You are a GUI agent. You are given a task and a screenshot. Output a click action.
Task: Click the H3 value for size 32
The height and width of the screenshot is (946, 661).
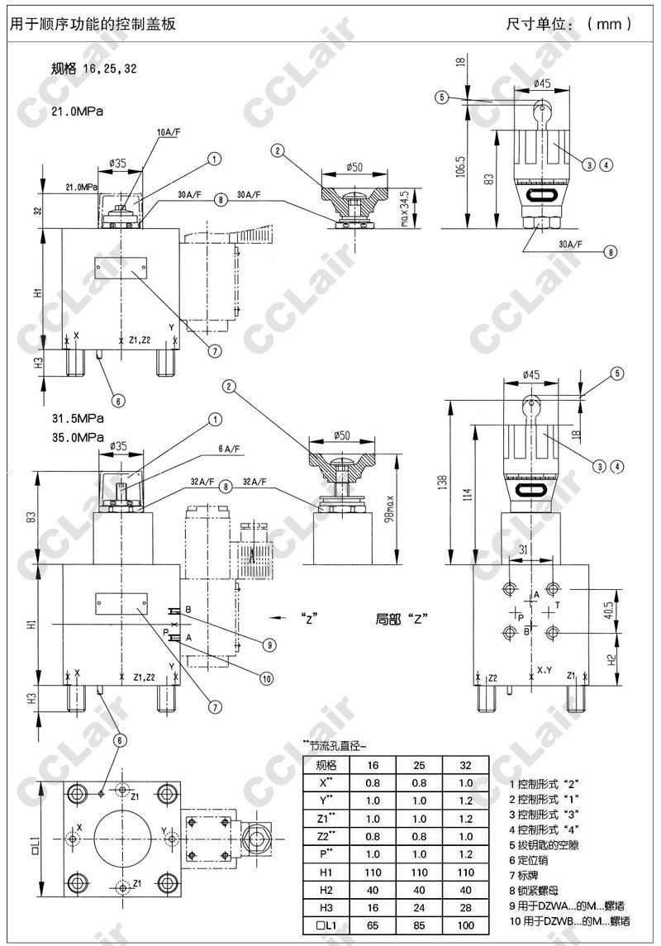(465, 907)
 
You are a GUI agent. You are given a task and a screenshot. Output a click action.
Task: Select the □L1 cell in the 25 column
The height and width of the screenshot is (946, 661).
(419, 926)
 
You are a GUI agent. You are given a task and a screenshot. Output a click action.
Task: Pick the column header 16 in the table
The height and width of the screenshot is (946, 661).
(373, 764)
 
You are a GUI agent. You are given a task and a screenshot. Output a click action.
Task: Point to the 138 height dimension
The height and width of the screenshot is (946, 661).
(443, 480)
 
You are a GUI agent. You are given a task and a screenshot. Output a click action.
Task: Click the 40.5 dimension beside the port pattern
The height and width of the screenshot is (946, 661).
(608, 610)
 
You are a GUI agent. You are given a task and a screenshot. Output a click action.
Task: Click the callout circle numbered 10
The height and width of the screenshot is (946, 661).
(266, 678)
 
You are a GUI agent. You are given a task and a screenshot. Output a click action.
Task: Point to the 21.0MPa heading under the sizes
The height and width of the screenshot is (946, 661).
(77, 111)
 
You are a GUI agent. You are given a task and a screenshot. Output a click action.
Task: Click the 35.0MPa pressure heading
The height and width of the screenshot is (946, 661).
(78, 437)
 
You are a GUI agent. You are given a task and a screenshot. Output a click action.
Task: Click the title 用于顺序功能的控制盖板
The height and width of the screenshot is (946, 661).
(92, 24)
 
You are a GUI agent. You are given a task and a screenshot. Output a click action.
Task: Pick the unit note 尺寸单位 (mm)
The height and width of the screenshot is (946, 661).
(569, 24)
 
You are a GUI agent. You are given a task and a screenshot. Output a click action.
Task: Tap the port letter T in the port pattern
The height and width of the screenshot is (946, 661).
(556, 605)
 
